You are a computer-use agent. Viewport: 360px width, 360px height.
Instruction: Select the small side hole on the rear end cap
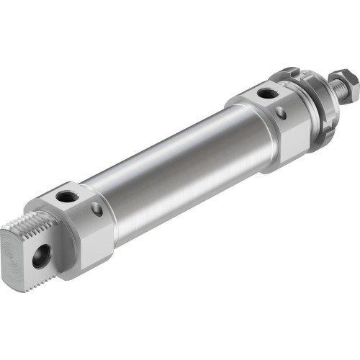click(x=96, y=210)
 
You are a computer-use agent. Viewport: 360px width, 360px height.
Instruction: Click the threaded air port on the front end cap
click(x=267, y=93)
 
